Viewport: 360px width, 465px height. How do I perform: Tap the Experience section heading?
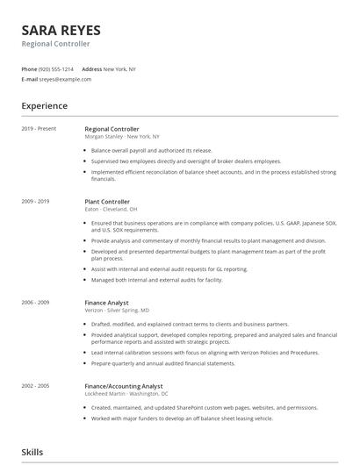(45, 106)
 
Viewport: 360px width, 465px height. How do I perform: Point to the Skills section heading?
(32, 452)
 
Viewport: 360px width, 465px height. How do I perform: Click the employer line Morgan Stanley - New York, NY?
(122, 137)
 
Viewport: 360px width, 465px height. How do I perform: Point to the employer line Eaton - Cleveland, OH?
(111, 210)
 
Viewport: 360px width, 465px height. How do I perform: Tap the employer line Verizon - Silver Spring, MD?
(117, 310)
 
